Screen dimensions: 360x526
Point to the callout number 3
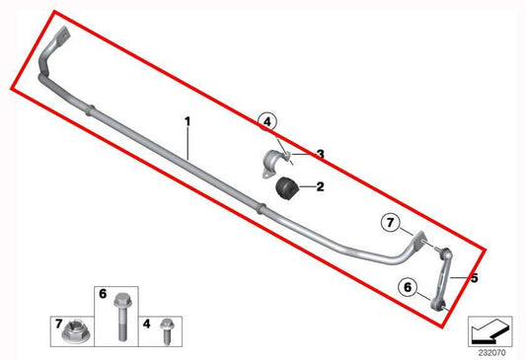coord(320,154)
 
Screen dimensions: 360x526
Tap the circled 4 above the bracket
coord(268,122)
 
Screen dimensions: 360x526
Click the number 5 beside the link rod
coord(474,278)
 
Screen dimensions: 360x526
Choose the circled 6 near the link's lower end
coord(406,288)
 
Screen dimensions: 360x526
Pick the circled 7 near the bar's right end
coord(390,223)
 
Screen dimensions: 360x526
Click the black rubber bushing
coord(286,185)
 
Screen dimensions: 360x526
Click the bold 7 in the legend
coord(59,323)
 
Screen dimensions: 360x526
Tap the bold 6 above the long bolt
coord(102,293)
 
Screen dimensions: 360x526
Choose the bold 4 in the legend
coord(145,323)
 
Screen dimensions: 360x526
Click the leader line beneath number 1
coord(187,143)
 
